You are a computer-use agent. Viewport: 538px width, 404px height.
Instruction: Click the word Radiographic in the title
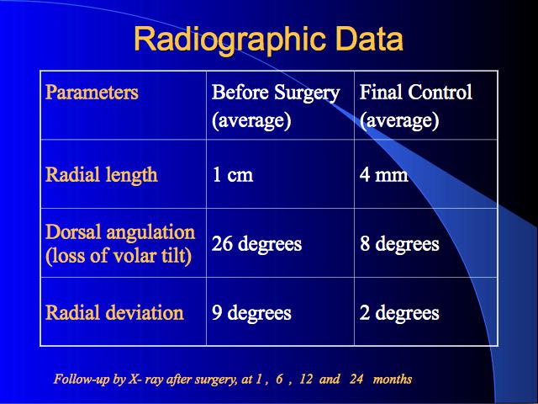229,40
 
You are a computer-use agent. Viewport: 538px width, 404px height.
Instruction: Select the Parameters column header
92,92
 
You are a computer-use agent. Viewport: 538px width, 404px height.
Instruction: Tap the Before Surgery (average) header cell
276,107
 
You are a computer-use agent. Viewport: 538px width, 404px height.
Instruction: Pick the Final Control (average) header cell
416,107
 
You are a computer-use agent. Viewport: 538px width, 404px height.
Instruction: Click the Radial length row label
102,175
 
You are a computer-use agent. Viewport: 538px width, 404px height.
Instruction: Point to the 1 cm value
233,174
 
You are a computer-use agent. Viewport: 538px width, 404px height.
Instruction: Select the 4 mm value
384,174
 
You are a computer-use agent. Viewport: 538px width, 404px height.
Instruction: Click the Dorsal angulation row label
120,243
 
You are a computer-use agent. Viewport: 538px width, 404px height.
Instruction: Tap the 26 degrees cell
256,244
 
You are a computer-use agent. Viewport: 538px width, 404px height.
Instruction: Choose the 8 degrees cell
399,244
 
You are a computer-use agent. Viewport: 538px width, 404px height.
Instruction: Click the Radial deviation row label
114,312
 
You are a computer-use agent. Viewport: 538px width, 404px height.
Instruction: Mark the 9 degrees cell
251,313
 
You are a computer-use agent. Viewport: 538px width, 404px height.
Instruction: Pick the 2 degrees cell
399,313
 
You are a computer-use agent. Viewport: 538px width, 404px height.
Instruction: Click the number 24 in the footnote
356,379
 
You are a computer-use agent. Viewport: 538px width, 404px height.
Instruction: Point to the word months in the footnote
393,379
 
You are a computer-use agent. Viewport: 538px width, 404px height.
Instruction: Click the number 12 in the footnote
306,379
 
